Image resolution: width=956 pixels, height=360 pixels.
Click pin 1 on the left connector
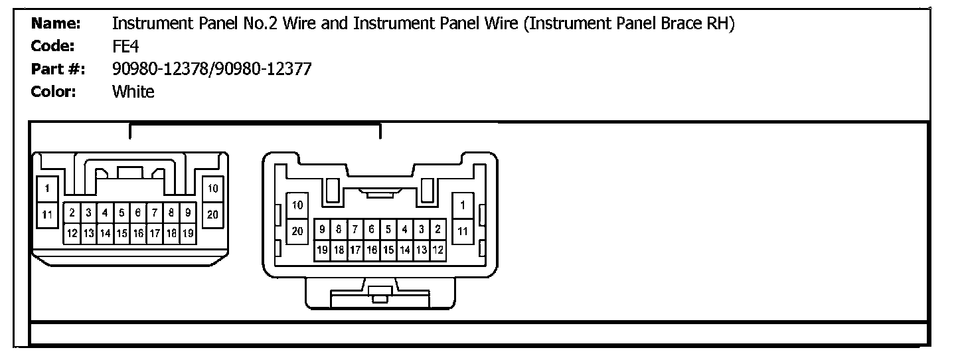tap(46, 189)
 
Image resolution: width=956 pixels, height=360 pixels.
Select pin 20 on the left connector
tap(213, 215)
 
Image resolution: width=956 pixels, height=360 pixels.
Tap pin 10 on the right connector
tap(297, 205)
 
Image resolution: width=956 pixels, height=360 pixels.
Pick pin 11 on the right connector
tap(463, 231)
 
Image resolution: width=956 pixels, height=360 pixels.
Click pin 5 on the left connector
tap(122, 213)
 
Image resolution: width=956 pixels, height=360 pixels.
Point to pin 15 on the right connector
tap(388, 250)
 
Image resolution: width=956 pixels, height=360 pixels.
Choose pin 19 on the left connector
tap(188, 233)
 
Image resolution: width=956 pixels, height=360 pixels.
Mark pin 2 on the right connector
tap(438, 230)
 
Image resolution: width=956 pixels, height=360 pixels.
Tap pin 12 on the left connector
tap(72, 233)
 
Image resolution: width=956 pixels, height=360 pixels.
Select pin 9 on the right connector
tap(323, 230)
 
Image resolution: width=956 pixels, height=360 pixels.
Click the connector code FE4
tap(125, 46)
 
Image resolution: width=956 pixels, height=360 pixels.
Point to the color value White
tap(133, 92)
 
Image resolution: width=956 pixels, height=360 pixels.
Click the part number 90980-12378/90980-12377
tap(212, 69)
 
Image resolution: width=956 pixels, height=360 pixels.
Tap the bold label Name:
tap(56, 24)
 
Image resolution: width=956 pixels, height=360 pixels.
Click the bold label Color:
tap(54, 92)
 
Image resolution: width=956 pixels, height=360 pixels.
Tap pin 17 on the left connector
tap(155, 233)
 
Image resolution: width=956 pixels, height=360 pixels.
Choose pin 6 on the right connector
tap(372, 230)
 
